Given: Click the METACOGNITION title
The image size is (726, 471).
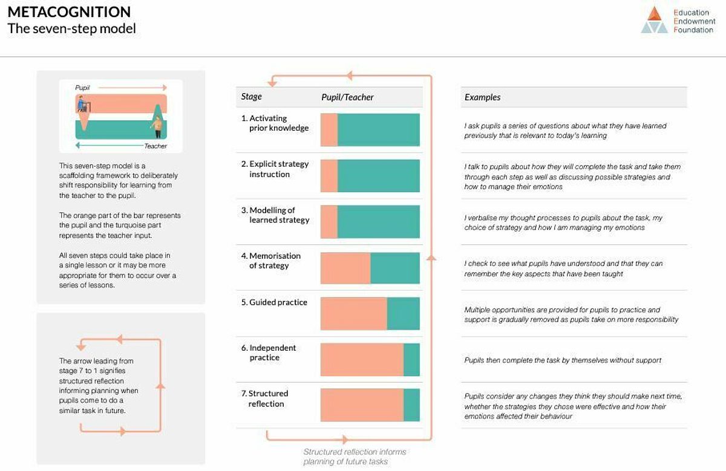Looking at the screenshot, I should tap(69, 11).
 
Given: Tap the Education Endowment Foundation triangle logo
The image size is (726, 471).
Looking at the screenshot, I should tap(655, 19).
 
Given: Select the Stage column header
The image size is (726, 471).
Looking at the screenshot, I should tap(252, 97).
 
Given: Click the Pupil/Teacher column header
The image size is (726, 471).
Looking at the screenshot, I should tap(347, 97).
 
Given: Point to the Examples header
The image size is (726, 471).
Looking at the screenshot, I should tap(482, 97).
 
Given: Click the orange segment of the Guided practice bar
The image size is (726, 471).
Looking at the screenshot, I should tap(353, 313).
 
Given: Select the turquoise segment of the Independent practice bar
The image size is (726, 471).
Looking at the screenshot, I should tap(411, 360).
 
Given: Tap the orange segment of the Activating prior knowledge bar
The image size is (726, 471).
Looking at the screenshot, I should tap(329, 130).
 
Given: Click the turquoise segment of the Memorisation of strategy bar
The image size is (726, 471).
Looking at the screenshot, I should tap(394, 268).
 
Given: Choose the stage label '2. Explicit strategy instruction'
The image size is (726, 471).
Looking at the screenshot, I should tap(275, 169).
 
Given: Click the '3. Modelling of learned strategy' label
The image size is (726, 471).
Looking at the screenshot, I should tap(275, 215).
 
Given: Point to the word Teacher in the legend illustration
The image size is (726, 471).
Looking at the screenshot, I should tap(155, 146).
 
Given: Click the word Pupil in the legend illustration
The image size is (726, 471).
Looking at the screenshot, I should tap(82, 88).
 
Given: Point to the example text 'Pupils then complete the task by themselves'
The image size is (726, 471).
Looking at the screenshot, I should tap(563, 360).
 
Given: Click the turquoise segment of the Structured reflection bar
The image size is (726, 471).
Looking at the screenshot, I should tap(411, 404).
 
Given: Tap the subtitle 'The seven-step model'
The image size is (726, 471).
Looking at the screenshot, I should tap(71, 28).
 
